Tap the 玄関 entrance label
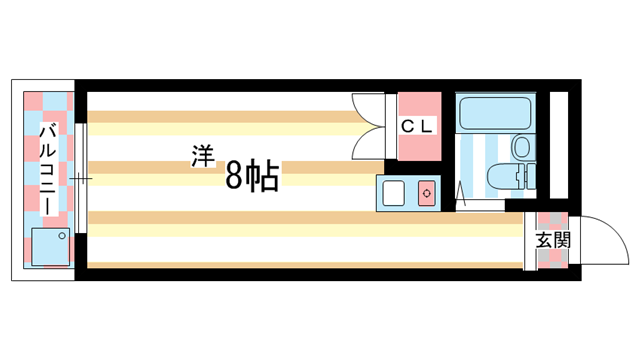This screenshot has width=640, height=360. click(x=551, y=241)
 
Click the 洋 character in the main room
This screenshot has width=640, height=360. click(x=204, y=155)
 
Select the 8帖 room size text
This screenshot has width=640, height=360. click(x=251, y=176)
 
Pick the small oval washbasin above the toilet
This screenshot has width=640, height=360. click(x=520, y=148)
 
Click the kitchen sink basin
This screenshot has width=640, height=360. click(x=394, y=191)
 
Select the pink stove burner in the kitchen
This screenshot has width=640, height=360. click(x=427, y=191)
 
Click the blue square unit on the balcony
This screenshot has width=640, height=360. click(x=47, y=246)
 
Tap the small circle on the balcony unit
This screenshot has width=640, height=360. click(x=61, y=236)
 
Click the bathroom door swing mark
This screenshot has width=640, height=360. click(x=461, y=190)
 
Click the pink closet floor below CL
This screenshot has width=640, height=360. click(x=418, y=149)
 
